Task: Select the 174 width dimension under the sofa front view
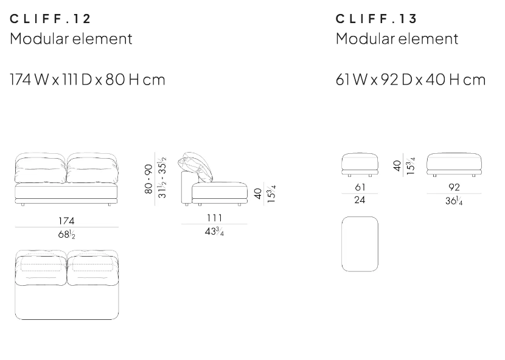tap(67, 220)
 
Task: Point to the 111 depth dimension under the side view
tap(214, 218)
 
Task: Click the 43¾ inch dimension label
tap(214, 232)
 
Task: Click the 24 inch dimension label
tap(360, 200)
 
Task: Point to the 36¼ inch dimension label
tap(454, 201)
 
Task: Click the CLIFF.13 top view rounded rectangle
tap(360, 244)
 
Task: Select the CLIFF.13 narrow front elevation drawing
tap(360, 164)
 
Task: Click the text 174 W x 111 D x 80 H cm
tap(87, 80)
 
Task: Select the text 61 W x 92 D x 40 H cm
tap(411, 80)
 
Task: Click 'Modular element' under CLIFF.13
tap(397, 40)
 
